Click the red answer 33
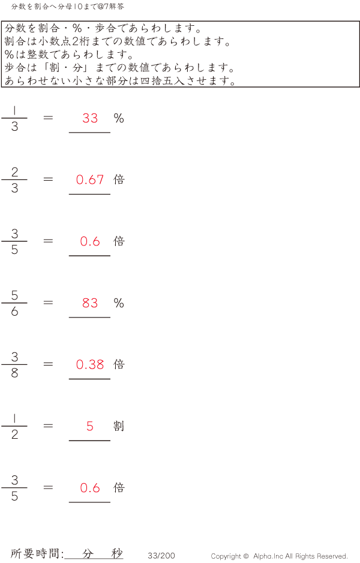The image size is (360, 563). pos(90,118)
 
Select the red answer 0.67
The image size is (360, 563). pos(90,179)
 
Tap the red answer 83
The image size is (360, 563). pos(90,303)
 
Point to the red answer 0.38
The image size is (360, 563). pos(90,364)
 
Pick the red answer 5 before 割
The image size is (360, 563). pos(90,426)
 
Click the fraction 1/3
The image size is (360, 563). pos(14,118)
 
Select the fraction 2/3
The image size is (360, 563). pos(14,179)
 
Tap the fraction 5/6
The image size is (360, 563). pos(14,303)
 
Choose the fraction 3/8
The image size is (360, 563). pos(14,364)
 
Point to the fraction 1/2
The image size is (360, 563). pos(14,426)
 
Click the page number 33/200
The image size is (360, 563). pos(161,555)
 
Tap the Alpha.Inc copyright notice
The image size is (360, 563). pos(279,556)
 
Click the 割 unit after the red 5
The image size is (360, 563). pos(119,426)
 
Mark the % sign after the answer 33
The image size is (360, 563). pos(119,118)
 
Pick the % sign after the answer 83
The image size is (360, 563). pos(119,303)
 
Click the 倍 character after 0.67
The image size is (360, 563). pos(119,179)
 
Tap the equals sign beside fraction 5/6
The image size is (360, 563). pos(48,303)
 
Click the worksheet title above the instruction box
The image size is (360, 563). pos(67,7)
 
